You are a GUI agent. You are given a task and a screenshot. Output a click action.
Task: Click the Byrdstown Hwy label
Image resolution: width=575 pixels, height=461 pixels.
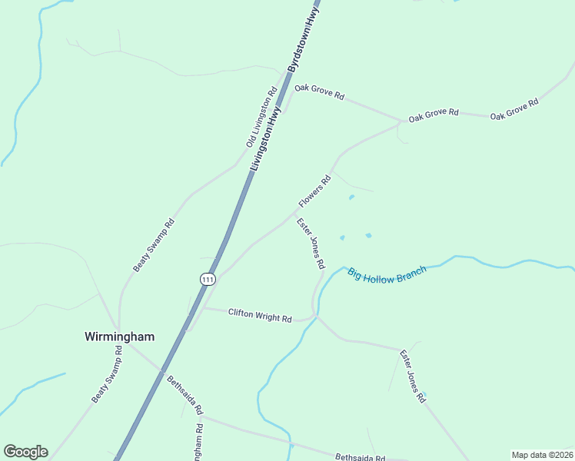(x=304, y=36)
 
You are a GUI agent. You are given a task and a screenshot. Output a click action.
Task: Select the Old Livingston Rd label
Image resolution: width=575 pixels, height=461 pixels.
(x=261, y=118)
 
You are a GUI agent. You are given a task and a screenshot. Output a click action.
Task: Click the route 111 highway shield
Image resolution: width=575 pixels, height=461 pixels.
(x=208, y=279)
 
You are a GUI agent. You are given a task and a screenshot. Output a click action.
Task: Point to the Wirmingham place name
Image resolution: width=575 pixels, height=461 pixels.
(x=119, y=337)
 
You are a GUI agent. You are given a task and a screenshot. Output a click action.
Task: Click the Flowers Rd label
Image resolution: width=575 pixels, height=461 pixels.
(x=314, y=191)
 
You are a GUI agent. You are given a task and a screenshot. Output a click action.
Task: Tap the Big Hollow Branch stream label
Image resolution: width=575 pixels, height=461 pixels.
(x=387, y=275)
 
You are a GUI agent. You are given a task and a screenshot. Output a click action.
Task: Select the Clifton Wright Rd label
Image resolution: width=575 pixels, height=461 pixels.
(x=260, y=315)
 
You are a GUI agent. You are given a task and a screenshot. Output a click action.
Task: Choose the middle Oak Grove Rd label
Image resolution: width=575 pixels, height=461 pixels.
(x=434, y=115)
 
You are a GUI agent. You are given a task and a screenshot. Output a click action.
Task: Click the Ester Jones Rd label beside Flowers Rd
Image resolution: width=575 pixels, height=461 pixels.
(x=311, y=243)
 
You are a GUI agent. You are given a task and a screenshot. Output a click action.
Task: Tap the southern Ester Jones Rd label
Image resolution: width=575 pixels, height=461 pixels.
(x=412, y=376)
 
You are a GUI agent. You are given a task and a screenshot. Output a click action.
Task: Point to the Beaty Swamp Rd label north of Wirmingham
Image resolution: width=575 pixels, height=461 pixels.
(x=154, y=245)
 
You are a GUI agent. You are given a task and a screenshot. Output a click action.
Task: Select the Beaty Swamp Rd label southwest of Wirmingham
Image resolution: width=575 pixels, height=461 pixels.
(x=107, y=374)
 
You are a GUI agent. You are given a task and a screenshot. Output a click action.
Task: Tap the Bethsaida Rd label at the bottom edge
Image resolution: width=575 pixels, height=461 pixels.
(x=360, y=456)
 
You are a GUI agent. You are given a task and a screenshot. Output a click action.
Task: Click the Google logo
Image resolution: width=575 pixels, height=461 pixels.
(x=25, y=452)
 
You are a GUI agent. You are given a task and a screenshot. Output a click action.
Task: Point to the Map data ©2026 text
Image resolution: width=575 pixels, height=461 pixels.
(x=542, y=455)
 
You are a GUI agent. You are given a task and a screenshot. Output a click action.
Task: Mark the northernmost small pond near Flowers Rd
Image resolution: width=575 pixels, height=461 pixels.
(x=352, y=197)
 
